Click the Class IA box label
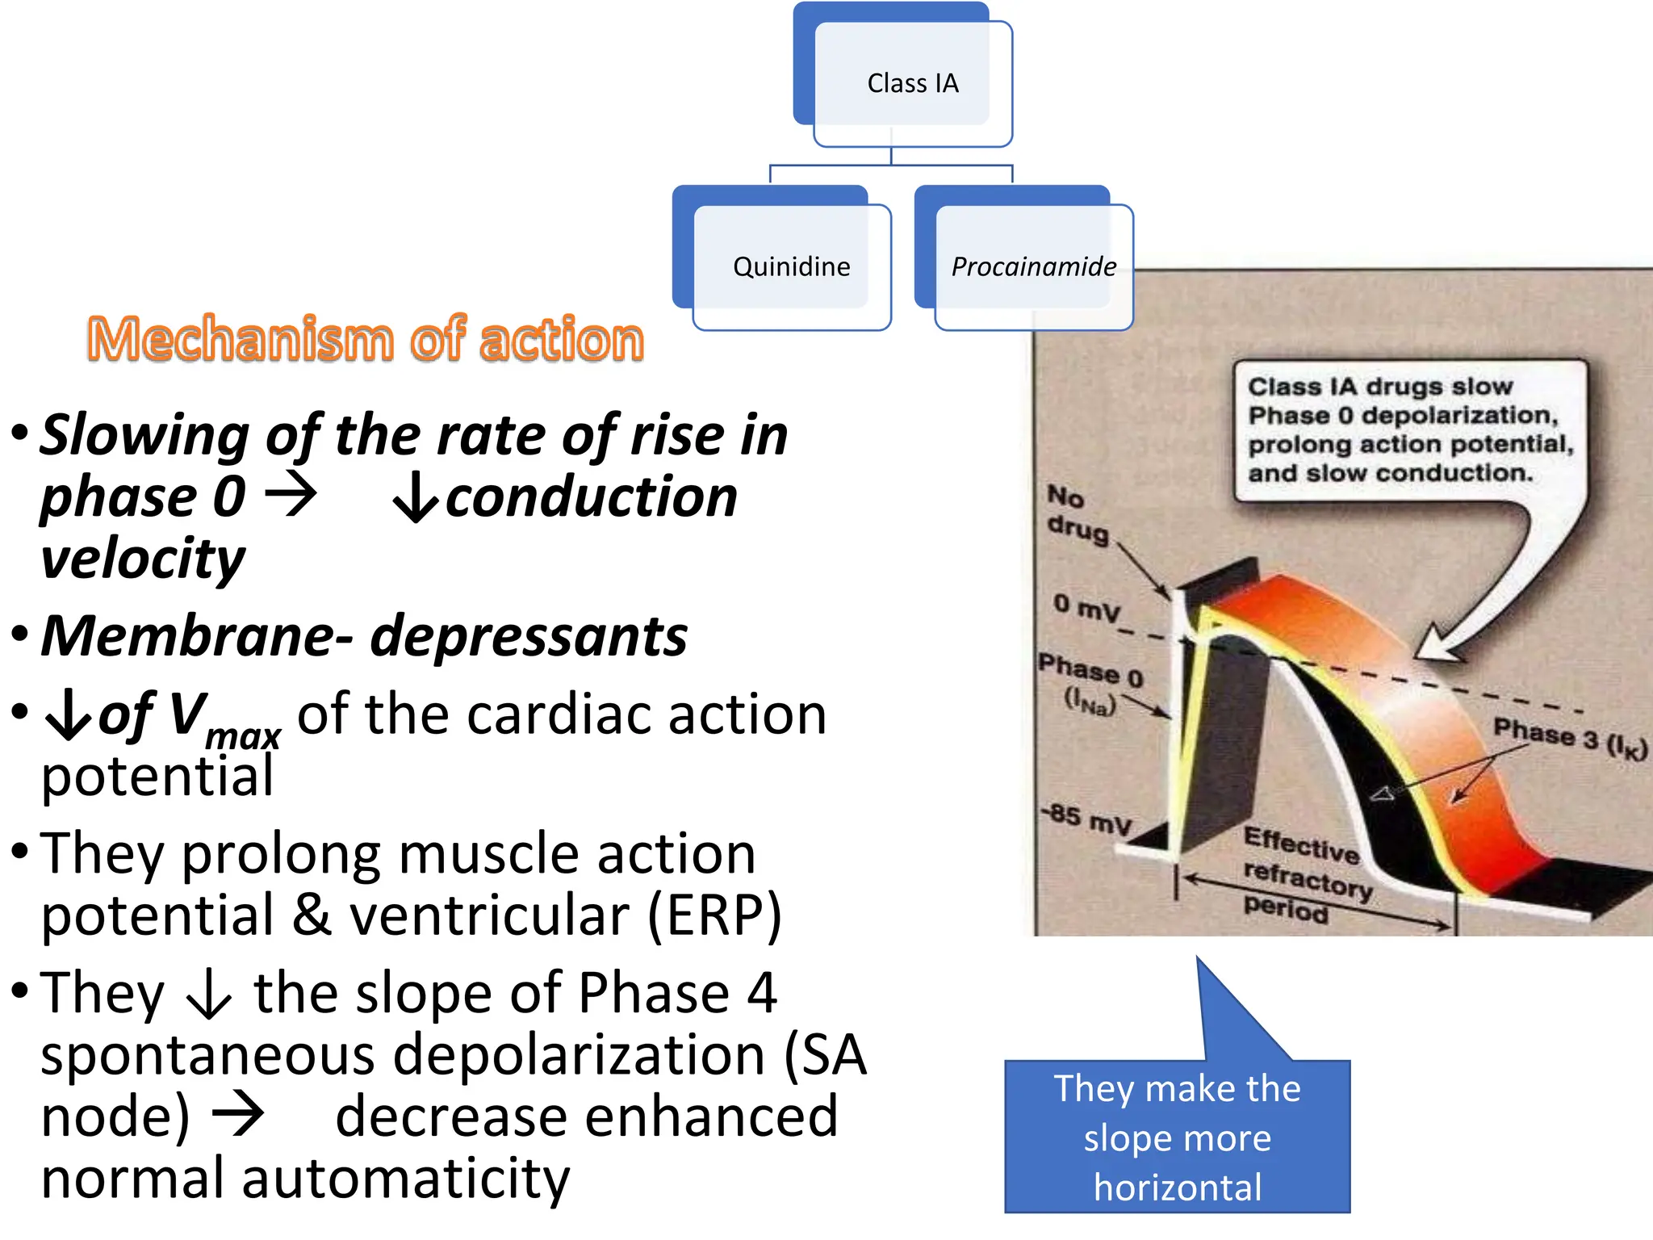click(912, 83)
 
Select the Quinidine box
click(791, 266)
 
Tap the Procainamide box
click(1033, 266)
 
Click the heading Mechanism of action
click(366, 339)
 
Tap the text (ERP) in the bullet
click(714, 916)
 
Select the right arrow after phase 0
click(291, 494)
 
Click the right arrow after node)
click(238, 1116)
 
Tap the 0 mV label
click(1086, 607)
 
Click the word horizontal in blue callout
click(1177, 1188)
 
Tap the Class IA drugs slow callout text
click(1408, 429)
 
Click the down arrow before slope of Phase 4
click(209, 995)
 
